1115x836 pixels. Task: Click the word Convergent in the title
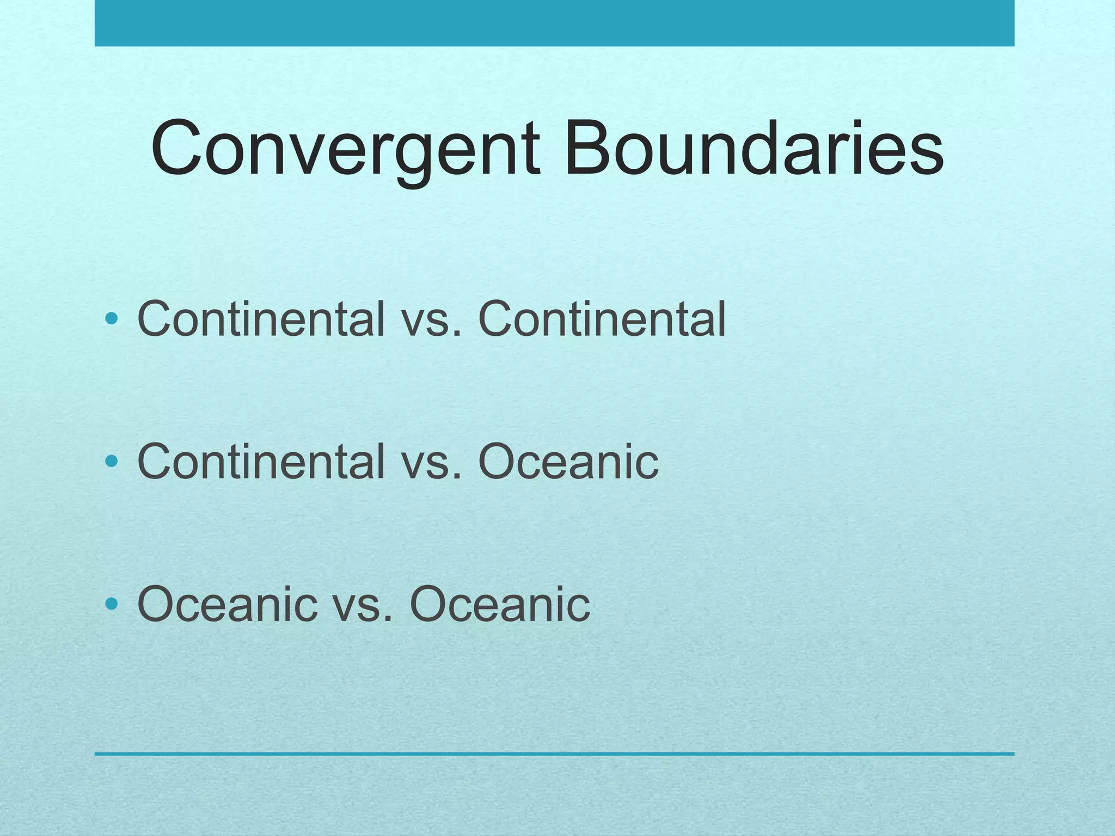345,149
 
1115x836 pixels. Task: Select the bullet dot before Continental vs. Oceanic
112,462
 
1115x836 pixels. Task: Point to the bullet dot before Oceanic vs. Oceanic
112,603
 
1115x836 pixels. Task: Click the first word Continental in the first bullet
261,319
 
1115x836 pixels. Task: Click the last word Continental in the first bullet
602,319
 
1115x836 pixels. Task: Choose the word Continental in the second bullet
261,462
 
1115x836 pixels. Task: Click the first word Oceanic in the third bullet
227,604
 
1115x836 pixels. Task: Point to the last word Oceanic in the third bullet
499,604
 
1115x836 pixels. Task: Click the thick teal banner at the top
554,23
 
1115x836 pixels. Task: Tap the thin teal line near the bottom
554,754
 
